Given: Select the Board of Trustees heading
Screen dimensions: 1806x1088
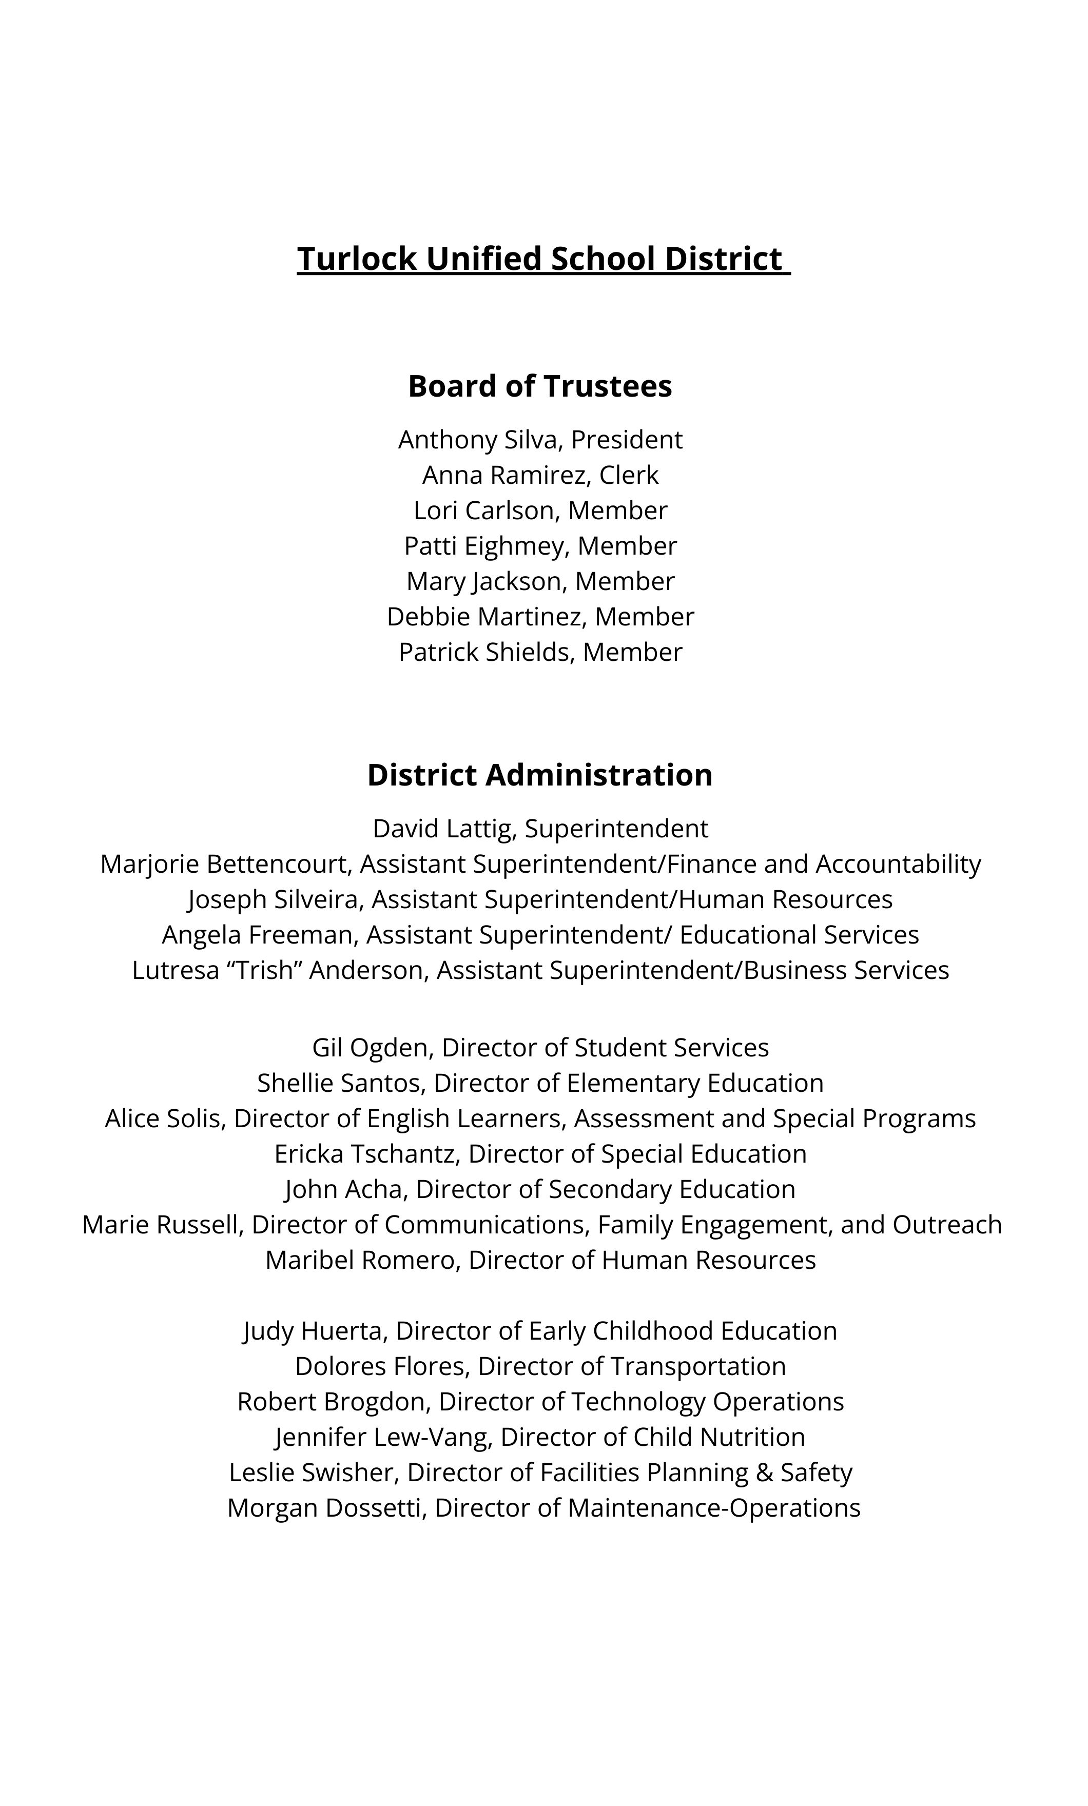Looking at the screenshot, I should (540, 386).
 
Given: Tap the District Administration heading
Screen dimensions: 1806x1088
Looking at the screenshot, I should (540, 775).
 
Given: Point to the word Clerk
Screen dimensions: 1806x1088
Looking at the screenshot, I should (629, 476).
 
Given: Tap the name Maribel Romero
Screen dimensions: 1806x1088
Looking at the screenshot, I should (361, 1260).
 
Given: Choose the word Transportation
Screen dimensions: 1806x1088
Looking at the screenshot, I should (698, 1366).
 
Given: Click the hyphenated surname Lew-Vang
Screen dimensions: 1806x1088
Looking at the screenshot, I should (432, 1437).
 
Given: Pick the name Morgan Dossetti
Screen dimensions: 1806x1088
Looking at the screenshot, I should (326, 1508).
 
